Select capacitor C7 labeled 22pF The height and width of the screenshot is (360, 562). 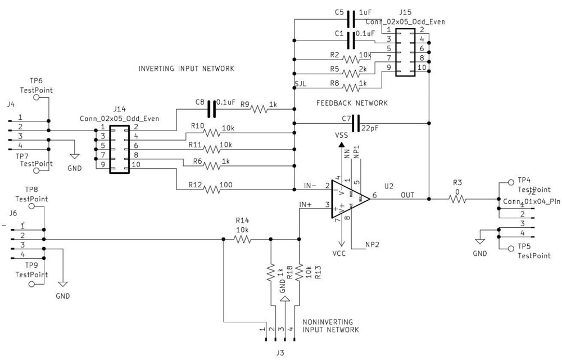click(x=355, y=123)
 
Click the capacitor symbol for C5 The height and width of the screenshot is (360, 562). click(x=351, y=19)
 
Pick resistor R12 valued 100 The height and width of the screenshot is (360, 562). click(x=211, y=189)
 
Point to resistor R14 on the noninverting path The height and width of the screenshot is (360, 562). click(x=242, y=239)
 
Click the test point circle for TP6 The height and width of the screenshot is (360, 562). click(x=37, y=97)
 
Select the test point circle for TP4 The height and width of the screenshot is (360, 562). click(x=510, y=182)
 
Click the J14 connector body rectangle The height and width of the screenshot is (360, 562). click(x=119, y=149)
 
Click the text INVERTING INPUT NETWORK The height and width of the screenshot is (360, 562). click(x=186, y=69)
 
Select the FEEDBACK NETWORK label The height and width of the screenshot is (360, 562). click(x=352, y=103)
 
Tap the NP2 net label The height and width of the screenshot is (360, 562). click(x=371, y=245)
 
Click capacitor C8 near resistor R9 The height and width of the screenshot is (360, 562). click(x=212, y=109)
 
